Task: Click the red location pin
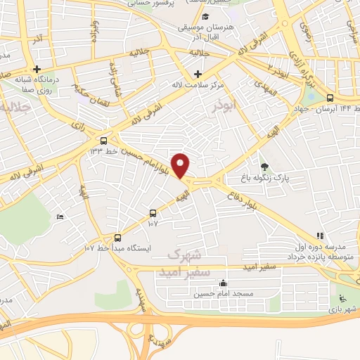[x=181, y=165]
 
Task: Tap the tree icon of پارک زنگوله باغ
[x=264, y=167]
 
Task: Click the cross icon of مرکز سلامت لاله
[x=198, y=74]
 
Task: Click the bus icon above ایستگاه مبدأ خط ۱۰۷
[x=117, y=238]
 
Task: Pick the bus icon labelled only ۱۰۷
[x=153, y=213]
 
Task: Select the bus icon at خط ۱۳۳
[x=104, y=140]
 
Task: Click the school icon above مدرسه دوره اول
[x=321, y=236]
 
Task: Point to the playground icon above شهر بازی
[x=342, y=297]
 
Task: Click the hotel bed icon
[x=60, y=217]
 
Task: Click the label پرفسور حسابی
[x=151, y=3]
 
